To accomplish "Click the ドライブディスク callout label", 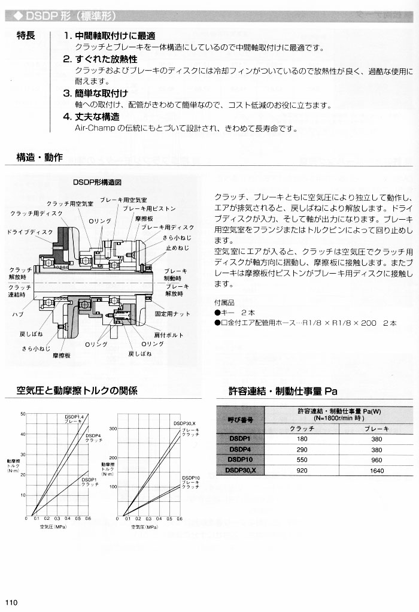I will point(30,232).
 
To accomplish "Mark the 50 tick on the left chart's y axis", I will point(23,414).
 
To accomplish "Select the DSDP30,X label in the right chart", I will point(185,423).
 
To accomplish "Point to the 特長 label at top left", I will point(26,35).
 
